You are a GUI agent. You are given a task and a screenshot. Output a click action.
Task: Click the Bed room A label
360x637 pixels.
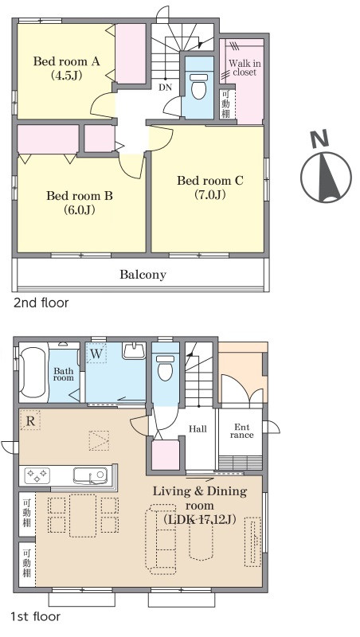[x=67, y=62]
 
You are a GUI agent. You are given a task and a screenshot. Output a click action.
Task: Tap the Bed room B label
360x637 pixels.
[x=80, y=196]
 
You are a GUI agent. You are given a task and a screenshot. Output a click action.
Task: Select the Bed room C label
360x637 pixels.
[x=210, y=181]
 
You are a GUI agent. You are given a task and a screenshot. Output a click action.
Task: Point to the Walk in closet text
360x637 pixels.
[x=245, y=68]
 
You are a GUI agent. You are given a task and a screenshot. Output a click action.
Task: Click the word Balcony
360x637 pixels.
[x=143, y=275]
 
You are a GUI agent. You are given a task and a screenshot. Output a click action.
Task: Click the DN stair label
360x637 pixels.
[x=166, y=87]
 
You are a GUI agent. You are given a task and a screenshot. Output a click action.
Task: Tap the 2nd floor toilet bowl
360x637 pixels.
[x=198, y=87]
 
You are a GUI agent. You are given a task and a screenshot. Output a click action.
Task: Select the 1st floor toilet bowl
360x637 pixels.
[x=165, y=368]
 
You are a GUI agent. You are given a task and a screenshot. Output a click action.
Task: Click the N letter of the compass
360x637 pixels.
[x=319, y=140]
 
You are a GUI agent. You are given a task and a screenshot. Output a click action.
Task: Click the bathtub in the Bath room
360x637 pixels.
[x=33, y=372]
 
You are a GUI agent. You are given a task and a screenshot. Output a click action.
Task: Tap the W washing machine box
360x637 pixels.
[x=96, y=354]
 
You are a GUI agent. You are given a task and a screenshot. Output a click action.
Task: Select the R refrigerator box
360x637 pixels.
[x=30, y=420]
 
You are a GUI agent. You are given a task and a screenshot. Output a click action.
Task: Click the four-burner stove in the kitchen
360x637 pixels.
[x=37, y=475]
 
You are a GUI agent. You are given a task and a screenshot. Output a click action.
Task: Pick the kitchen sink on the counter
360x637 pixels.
[x=90, y=475]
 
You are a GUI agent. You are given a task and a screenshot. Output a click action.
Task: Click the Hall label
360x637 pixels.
[x=198, y=429]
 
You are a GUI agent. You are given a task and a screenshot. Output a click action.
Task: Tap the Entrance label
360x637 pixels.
[x=242, y=431]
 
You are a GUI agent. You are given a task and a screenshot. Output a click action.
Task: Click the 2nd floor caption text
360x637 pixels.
[x=41, y=303]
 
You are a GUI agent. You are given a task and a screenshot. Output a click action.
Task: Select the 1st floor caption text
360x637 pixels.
[x=35, y=616]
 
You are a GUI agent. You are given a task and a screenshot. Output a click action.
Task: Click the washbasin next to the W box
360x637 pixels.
[x=134, y=350]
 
